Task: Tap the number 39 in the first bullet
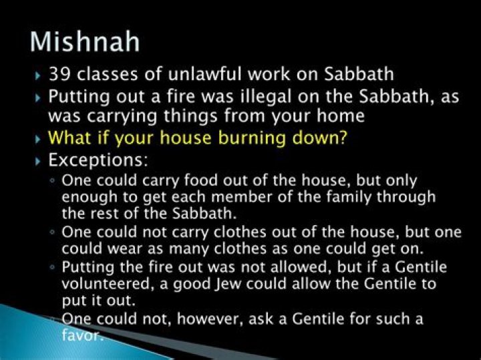click(x=59, y=73)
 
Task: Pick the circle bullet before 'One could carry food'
click(x=52, y=182)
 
